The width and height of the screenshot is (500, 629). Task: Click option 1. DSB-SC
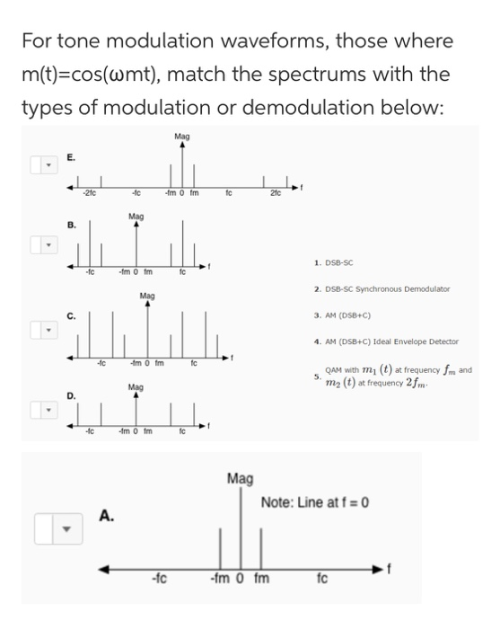coord(336,264)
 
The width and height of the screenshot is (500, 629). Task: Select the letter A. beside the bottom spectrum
coord(106,516)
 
